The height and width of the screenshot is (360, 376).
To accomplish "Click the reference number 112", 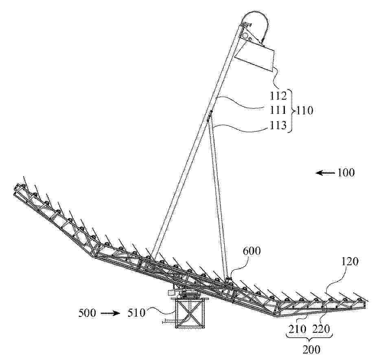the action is coord(278,96).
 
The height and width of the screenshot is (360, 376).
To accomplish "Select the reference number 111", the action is coord(278,110).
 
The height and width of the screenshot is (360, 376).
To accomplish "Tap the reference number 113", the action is coord(278,125).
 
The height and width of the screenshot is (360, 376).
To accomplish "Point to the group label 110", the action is coord(305,111).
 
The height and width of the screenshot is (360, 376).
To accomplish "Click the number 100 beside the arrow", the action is coord(346,172).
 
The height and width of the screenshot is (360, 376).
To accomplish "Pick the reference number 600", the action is coord(251,251).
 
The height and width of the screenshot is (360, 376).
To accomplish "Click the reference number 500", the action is coord(87,313).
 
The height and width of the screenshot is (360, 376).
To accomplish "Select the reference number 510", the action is coord(136,313).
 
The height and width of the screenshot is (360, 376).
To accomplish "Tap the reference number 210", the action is coord(297,329).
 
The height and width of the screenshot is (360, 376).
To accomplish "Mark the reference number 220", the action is coord(321,329).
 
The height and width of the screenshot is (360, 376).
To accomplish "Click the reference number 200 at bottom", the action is coord(311,350).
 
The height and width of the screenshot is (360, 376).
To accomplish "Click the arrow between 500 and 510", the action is coord(110,313).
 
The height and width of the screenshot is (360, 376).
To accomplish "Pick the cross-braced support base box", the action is coord(190,313).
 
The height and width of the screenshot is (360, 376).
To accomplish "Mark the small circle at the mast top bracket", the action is coord(245,36).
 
